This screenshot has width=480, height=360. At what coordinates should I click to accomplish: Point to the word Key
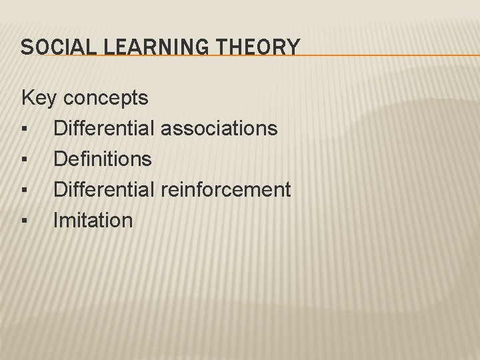39,98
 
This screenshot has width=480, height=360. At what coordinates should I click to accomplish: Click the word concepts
107,99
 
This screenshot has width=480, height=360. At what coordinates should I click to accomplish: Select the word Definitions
103,159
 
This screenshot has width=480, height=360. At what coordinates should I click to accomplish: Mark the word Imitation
93,220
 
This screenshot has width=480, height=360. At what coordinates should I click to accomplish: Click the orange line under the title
373,56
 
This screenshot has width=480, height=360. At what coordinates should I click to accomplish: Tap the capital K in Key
29,98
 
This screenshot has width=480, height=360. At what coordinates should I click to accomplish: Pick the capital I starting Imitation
57,220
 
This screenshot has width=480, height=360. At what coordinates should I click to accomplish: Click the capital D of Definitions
61,159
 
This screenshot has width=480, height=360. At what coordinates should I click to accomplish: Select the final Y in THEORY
293,47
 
